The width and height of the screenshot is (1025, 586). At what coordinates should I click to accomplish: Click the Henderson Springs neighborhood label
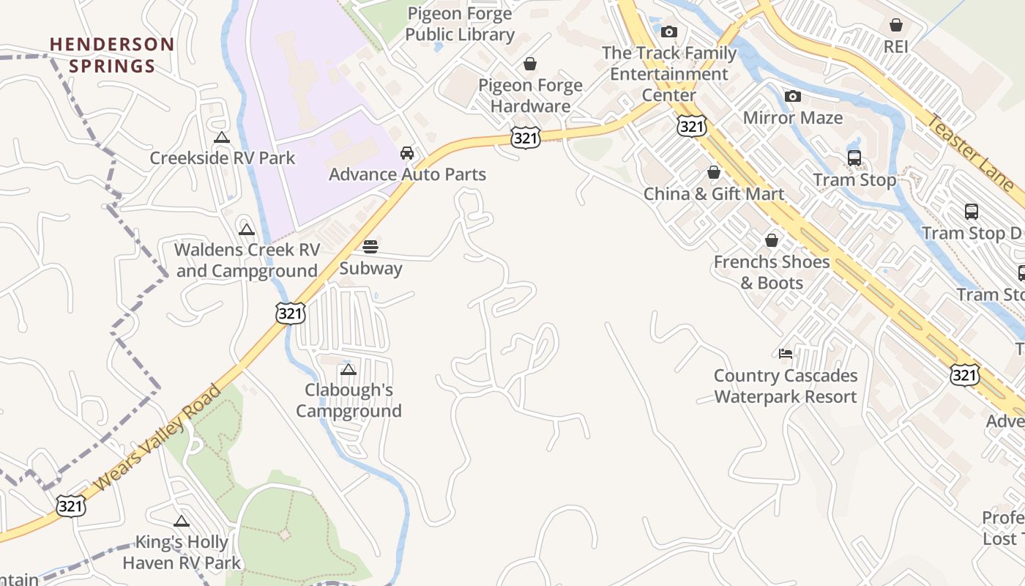tap(112, 55)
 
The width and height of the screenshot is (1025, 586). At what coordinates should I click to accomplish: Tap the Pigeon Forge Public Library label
tap(460, 23)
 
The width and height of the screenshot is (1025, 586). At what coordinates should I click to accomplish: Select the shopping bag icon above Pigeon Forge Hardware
tap(530, 64)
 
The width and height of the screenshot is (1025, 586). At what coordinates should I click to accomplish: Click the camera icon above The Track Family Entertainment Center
tap(668, 31)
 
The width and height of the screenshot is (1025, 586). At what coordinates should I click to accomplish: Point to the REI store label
tap(895, 46)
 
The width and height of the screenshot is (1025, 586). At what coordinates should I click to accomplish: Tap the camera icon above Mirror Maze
tap(792, 96)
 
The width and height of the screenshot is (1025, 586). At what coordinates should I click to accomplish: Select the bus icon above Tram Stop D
tap(971, 212)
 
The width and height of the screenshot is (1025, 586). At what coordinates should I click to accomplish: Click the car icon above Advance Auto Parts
tap(407, 153)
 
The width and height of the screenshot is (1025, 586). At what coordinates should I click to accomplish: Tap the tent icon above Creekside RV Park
tap(222, 137)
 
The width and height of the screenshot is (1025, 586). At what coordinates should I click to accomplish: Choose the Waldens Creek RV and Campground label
tap(247, 260)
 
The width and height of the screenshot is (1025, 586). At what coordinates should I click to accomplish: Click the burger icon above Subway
tap(370, 246)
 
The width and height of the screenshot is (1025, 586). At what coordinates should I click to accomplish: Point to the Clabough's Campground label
tap(349, 400)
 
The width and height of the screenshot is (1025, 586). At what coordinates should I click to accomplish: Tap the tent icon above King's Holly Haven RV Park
tap(182, 521)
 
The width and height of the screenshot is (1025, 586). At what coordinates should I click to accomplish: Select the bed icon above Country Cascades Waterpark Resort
tap(786, 354)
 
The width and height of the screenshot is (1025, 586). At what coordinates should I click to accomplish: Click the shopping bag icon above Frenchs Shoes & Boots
tap(771, 240)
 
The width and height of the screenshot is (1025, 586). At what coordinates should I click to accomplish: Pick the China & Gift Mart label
tap(714, 194)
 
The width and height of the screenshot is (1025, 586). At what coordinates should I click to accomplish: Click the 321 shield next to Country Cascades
tap(964, 375)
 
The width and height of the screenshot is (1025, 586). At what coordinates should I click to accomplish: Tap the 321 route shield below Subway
tap(290, 314)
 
